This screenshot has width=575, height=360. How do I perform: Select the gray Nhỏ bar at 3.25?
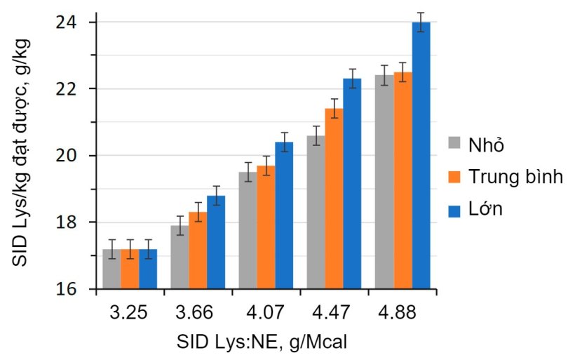click(x=111, y=269)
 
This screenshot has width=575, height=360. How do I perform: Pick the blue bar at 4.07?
click(x=284, y=216)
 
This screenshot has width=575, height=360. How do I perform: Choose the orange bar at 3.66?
click(x=198, y=251)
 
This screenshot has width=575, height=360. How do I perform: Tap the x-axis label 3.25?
click(x=129, y=312)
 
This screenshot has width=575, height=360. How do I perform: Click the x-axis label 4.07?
click(x=266, y=312)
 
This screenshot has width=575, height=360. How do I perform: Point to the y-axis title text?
click(x=21, y=151)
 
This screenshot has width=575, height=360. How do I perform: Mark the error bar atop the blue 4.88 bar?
click(x=421, y=22)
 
